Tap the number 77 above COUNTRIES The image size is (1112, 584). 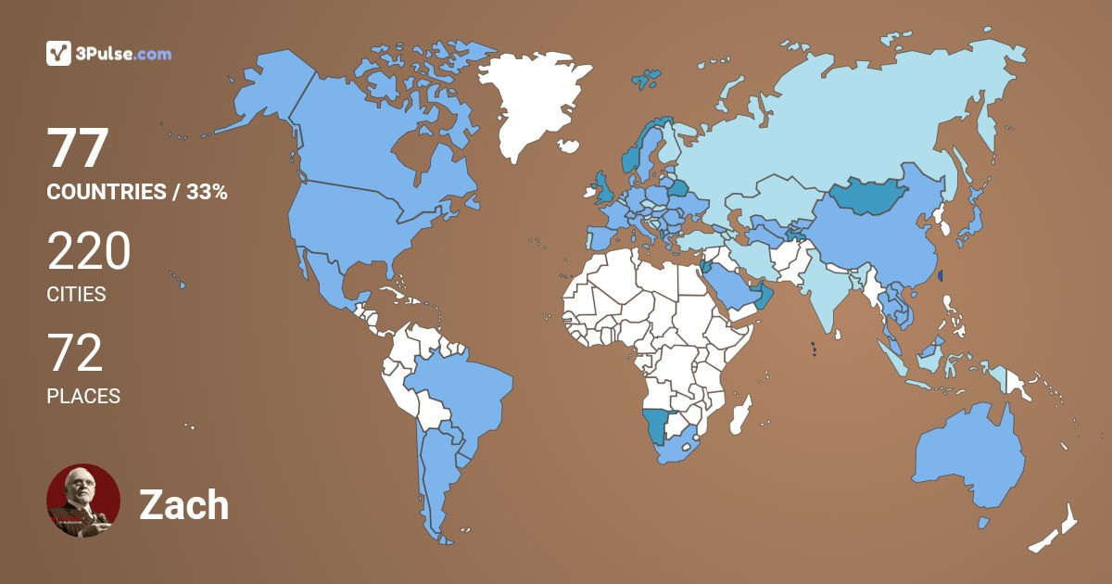(x=79, y=148)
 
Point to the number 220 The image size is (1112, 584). (x=88, y=252)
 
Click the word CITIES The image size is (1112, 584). (x=76, y=295)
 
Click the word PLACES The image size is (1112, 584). (x=83, y=397)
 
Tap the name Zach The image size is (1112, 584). (x=183, y=505)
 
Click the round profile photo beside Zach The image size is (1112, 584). (x=83, y=501)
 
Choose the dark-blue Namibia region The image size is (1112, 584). (x=657, y=425)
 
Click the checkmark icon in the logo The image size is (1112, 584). (x=58, y=54)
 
